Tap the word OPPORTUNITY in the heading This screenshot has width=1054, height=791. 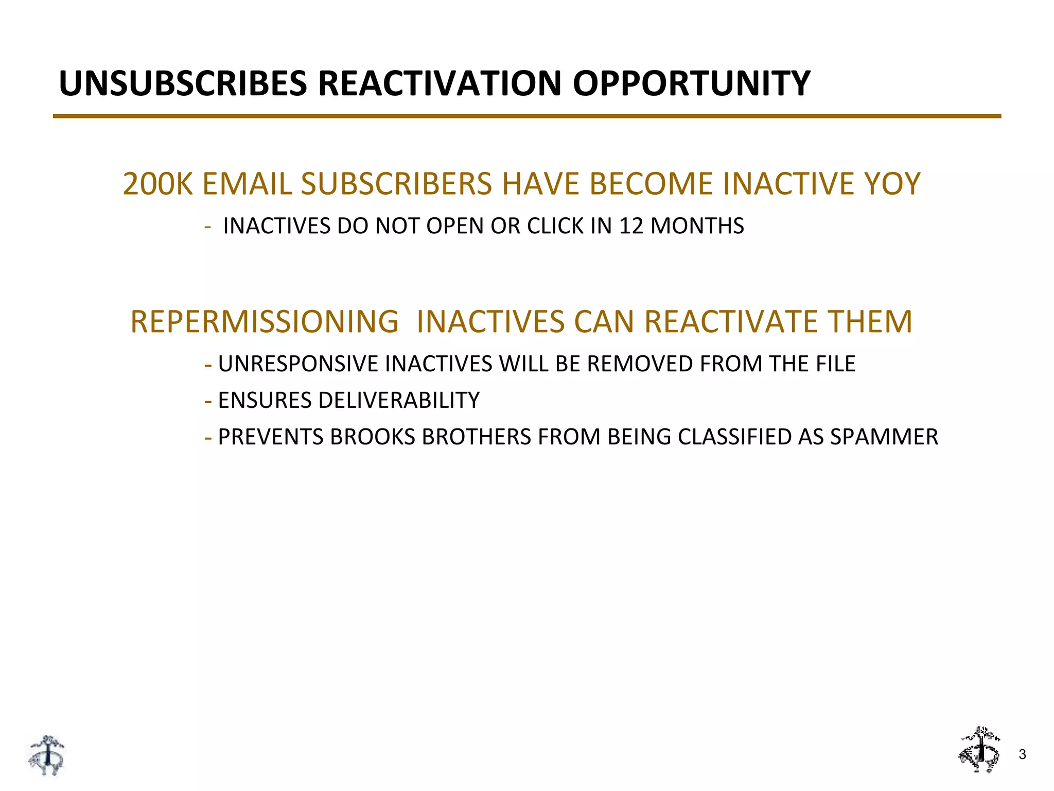[x=691, y=83]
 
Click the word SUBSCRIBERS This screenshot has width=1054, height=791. [x=396, y=184]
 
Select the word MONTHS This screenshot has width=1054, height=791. [x=697, y=226]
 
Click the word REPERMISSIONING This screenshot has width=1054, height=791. [x=265, y=322]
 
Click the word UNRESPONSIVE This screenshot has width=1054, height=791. [x=298, y=364]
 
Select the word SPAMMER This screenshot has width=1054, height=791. [x=884, y=437]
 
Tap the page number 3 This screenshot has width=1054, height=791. [x=1022, y=755]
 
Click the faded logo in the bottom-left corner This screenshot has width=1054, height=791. [x=46, y=755]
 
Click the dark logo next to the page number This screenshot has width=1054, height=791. [x=979, y=750]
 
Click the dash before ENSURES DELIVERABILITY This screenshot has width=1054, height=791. [x=208, y=401]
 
